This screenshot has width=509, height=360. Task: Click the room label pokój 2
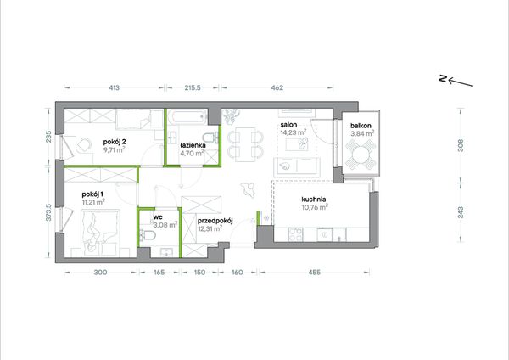click(x=115, y=142)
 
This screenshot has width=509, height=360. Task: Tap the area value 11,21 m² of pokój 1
click(x=93, y=202)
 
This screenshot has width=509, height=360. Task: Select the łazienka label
click(x=193, y=145)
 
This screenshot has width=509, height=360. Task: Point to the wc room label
click(x=158, y=217)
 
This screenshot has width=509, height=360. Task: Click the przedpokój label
click(x=215, y=221)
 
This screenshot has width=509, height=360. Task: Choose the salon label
click(x=288, y=125)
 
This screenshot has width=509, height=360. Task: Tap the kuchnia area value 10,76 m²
click(x=315, y=207)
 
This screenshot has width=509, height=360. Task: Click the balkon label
click(x=361, y=126)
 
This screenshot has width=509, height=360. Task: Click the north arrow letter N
click(x=443, y=78)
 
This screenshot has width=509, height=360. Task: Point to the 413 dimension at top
click(x=114, y=87)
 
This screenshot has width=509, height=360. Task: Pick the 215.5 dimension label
click(x=193, y=87)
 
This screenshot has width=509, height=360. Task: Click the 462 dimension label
click(x=277, y=87)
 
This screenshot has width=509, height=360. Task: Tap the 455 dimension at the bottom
click(x=314, y=273)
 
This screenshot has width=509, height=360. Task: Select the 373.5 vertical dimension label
click(x=49, y=212)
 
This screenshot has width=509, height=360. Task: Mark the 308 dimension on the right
click(x=461, y=145)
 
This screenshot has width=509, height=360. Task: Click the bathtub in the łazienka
click(x=187, y=116)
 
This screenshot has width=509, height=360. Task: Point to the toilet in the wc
click(x=148, y=234)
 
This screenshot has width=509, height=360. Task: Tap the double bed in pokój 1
click(x=100, y=233)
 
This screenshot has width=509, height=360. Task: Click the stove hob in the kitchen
click(x=295, y=234)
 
